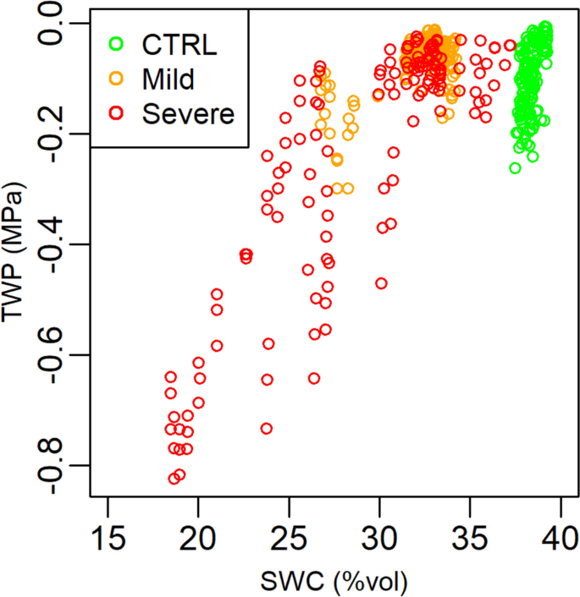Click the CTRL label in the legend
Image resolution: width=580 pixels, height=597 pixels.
click(x=180, y=45)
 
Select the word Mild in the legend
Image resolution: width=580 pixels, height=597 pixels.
click(x=168, y=79)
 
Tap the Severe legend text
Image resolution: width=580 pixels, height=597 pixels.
click(x=187, y=113)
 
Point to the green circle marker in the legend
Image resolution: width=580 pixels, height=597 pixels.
click(x=116, y=45)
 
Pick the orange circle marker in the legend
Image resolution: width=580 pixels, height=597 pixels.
click(x=116, y=79)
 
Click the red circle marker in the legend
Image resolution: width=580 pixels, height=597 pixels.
click(x=116, y=113)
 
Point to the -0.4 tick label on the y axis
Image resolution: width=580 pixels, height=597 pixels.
click(x=61, y=244)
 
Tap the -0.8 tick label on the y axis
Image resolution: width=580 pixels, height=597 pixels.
click(x=61, y=466)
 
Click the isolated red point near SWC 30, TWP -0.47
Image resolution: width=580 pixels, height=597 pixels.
click(x=381, y=283)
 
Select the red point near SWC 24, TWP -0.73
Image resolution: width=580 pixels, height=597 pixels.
click(x=266, y=429)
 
